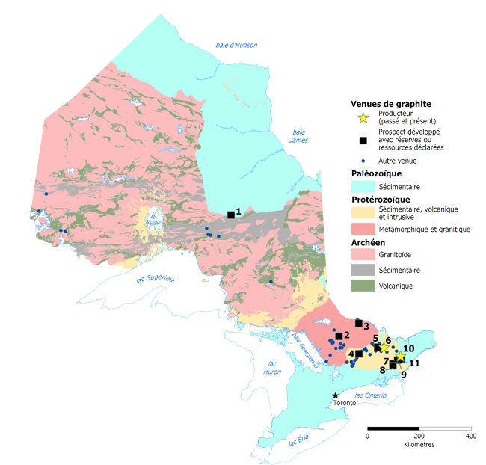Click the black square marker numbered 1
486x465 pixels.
pyautogui.click(x=231, y=215)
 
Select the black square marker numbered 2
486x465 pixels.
pyautogui.click(x=339, y=336)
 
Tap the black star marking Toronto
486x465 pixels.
pyautogui.click(x=336, y=395)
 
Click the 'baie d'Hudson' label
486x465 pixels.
pyautogui.click(x=236, y=45)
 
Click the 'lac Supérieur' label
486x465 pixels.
pyautogui.click(x=156, y=279)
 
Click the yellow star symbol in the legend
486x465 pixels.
pyautogui.click(x=363, y=117)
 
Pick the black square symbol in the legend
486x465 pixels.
pyautogui.click(x=363, y=140)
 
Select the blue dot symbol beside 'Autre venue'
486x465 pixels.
pyautogui.click(x=363, y=161)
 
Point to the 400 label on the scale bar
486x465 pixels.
pyautogui.click(x=470, y=436)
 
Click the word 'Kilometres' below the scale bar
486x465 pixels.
pyautogui.click(x=419, y=444)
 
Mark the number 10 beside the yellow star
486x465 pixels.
pyautogui.click(x=408, y=348)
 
